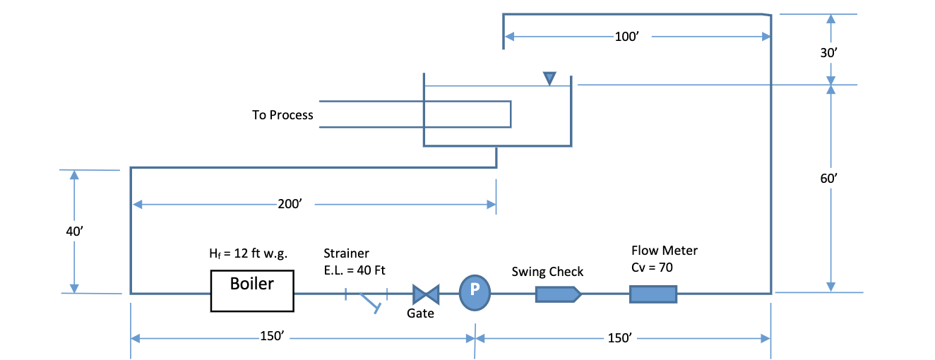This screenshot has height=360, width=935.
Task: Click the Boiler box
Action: click(252, 292)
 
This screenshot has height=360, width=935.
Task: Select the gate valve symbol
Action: click(425, 293)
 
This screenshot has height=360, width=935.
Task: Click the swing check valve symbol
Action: click(558, 293)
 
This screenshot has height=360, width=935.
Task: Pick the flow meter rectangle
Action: click(653, 293)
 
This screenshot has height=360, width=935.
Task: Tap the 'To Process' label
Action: click(282, 115)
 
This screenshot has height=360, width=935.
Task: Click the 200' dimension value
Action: click(290, 205)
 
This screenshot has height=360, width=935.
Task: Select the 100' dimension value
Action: click(626, 37)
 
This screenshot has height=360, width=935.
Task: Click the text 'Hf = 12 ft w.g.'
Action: click(248, 253)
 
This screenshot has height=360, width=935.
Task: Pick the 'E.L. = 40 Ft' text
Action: click(355, 269)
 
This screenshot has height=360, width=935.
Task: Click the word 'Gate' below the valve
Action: click(420, 313)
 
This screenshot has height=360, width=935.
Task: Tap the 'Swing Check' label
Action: click(547, 272)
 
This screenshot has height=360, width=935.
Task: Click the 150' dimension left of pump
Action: click(272, 337)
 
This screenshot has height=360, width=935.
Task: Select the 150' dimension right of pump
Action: click(619, 337)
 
